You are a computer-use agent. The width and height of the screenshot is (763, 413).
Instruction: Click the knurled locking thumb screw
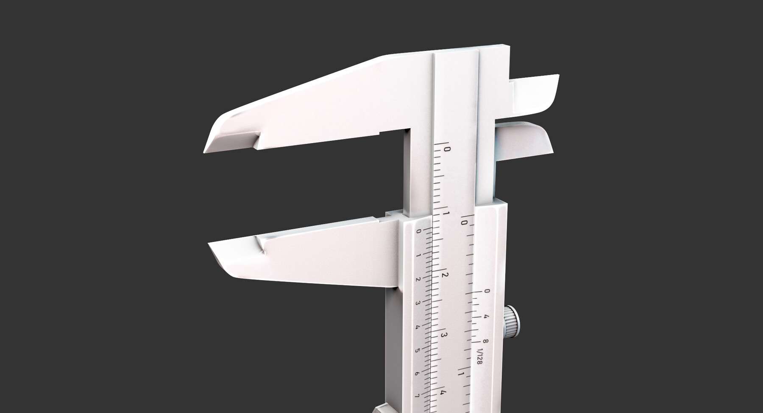coord(512,322)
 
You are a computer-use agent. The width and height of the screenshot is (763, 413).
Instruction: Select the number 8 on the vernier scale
coord(485,341)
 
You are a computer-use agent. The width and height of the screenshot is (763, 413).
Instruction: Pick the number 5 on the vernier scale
coord(417,351)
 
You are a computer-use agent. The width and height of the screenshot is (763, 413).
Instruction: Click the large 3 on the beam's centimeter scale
coord(444,335)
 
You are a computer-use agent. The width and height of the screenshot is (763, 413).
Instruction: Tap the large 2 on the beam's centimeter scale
coord(445,275)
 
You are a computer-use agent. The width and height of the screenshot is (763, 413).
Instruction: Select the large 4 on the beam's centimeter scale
coord(443,393)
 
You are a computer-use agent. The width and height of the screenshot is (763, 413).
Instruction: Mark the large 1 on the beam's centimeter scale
coord(446,213)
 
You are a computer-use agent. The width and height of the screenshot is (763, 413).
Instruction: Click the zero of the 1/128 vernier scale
coord(487,291)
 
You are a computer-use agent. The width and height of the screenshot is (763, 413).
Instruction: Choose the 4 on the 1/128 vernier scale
coord(486,317)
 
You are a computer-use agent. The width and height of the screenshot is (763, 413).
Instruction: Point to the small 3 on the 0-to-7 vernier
coord(418,303)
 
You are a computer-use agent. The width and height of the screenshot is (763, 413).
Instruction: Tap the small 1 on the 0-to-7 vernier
coord(418,255)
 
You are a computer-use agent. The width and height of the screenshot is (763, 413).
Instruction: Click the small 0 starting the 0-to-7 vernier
coord(419,231)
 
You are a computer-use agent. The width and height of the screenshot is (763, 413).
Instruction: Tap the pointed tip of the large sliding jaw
coord(211,245)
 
